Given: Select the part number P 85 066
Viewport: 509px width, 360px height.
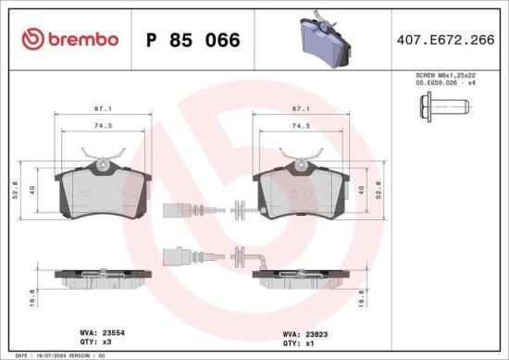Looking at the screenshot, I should point(193,40).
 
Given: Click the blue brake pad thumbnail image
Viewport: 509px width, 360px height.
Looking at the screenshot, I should point(324,41).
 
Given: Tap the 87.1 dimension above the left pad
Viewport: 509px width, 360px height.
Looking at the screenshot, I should point(103,109).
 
